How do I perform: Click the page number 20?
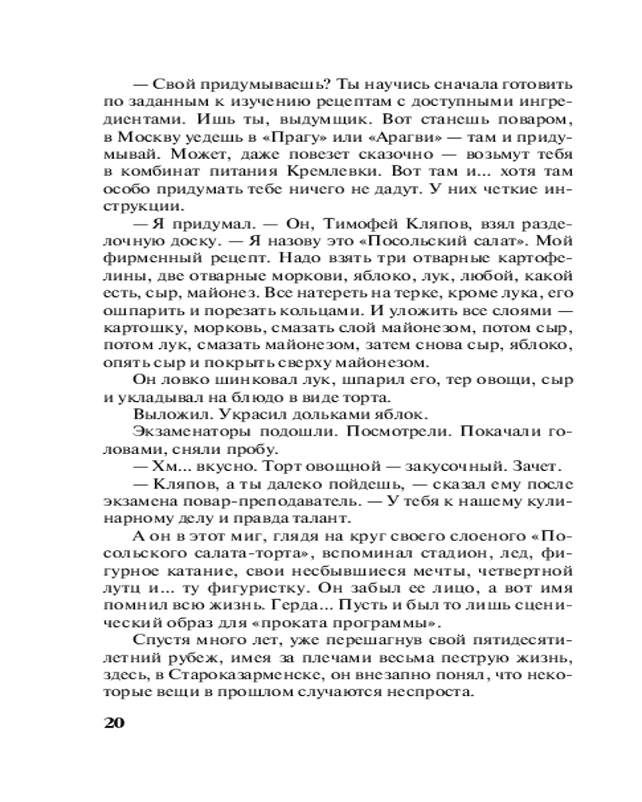tap(114, 721)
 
